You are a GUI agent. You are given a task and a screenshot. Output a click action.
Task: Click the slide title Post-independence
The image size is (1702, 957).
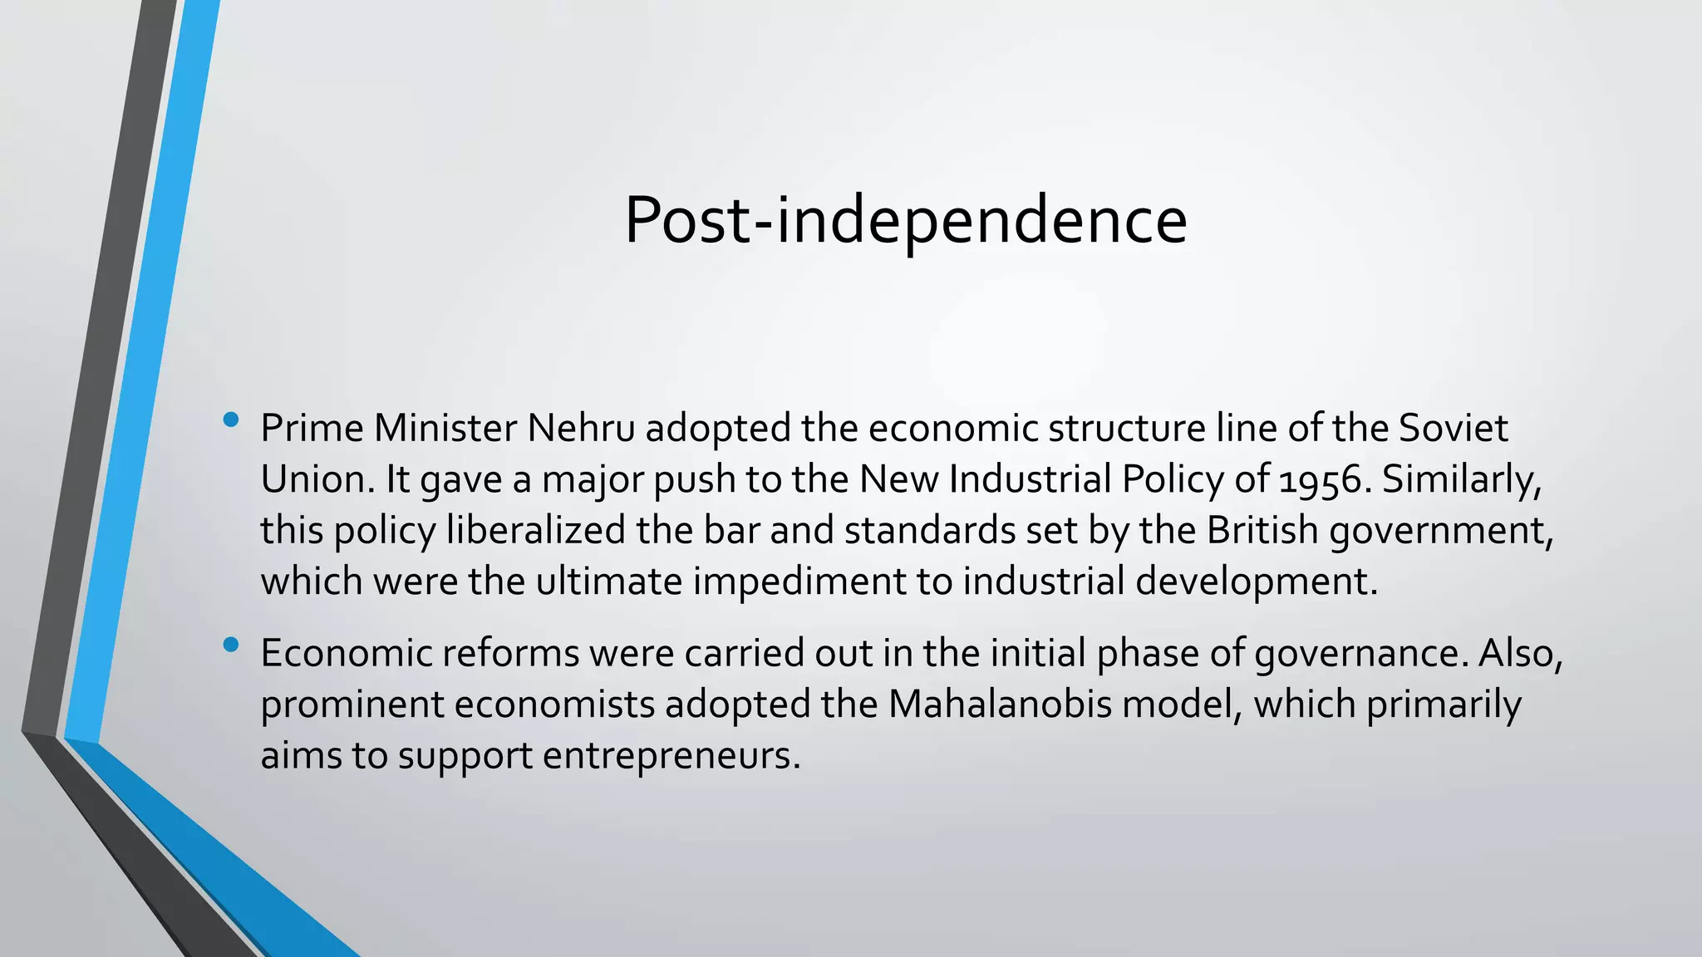pos(905,220)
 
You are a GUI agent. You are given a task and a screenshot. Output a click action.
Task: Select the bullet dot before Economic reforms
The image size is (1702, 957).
pos(231,644)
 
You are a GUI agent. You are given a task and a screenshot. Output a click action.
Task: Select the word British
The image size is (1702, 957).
pos(1262,530)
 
